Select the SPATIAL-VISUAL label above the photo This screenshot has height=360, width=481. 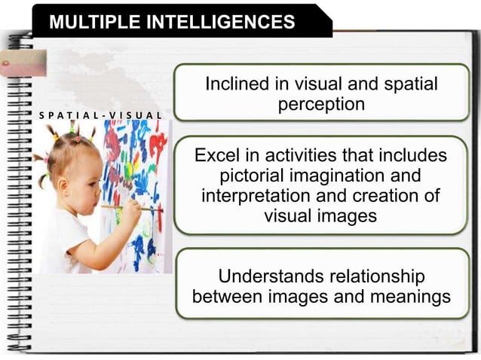coord(100,116)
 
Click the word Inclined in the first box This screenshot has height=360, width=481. coord(237,84)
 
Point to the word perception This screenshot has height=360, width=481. coord(321,105)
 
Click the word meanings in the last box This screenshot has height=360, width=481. coord(409,296)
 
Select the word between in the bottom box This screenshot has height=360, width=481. coord(229,296)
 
